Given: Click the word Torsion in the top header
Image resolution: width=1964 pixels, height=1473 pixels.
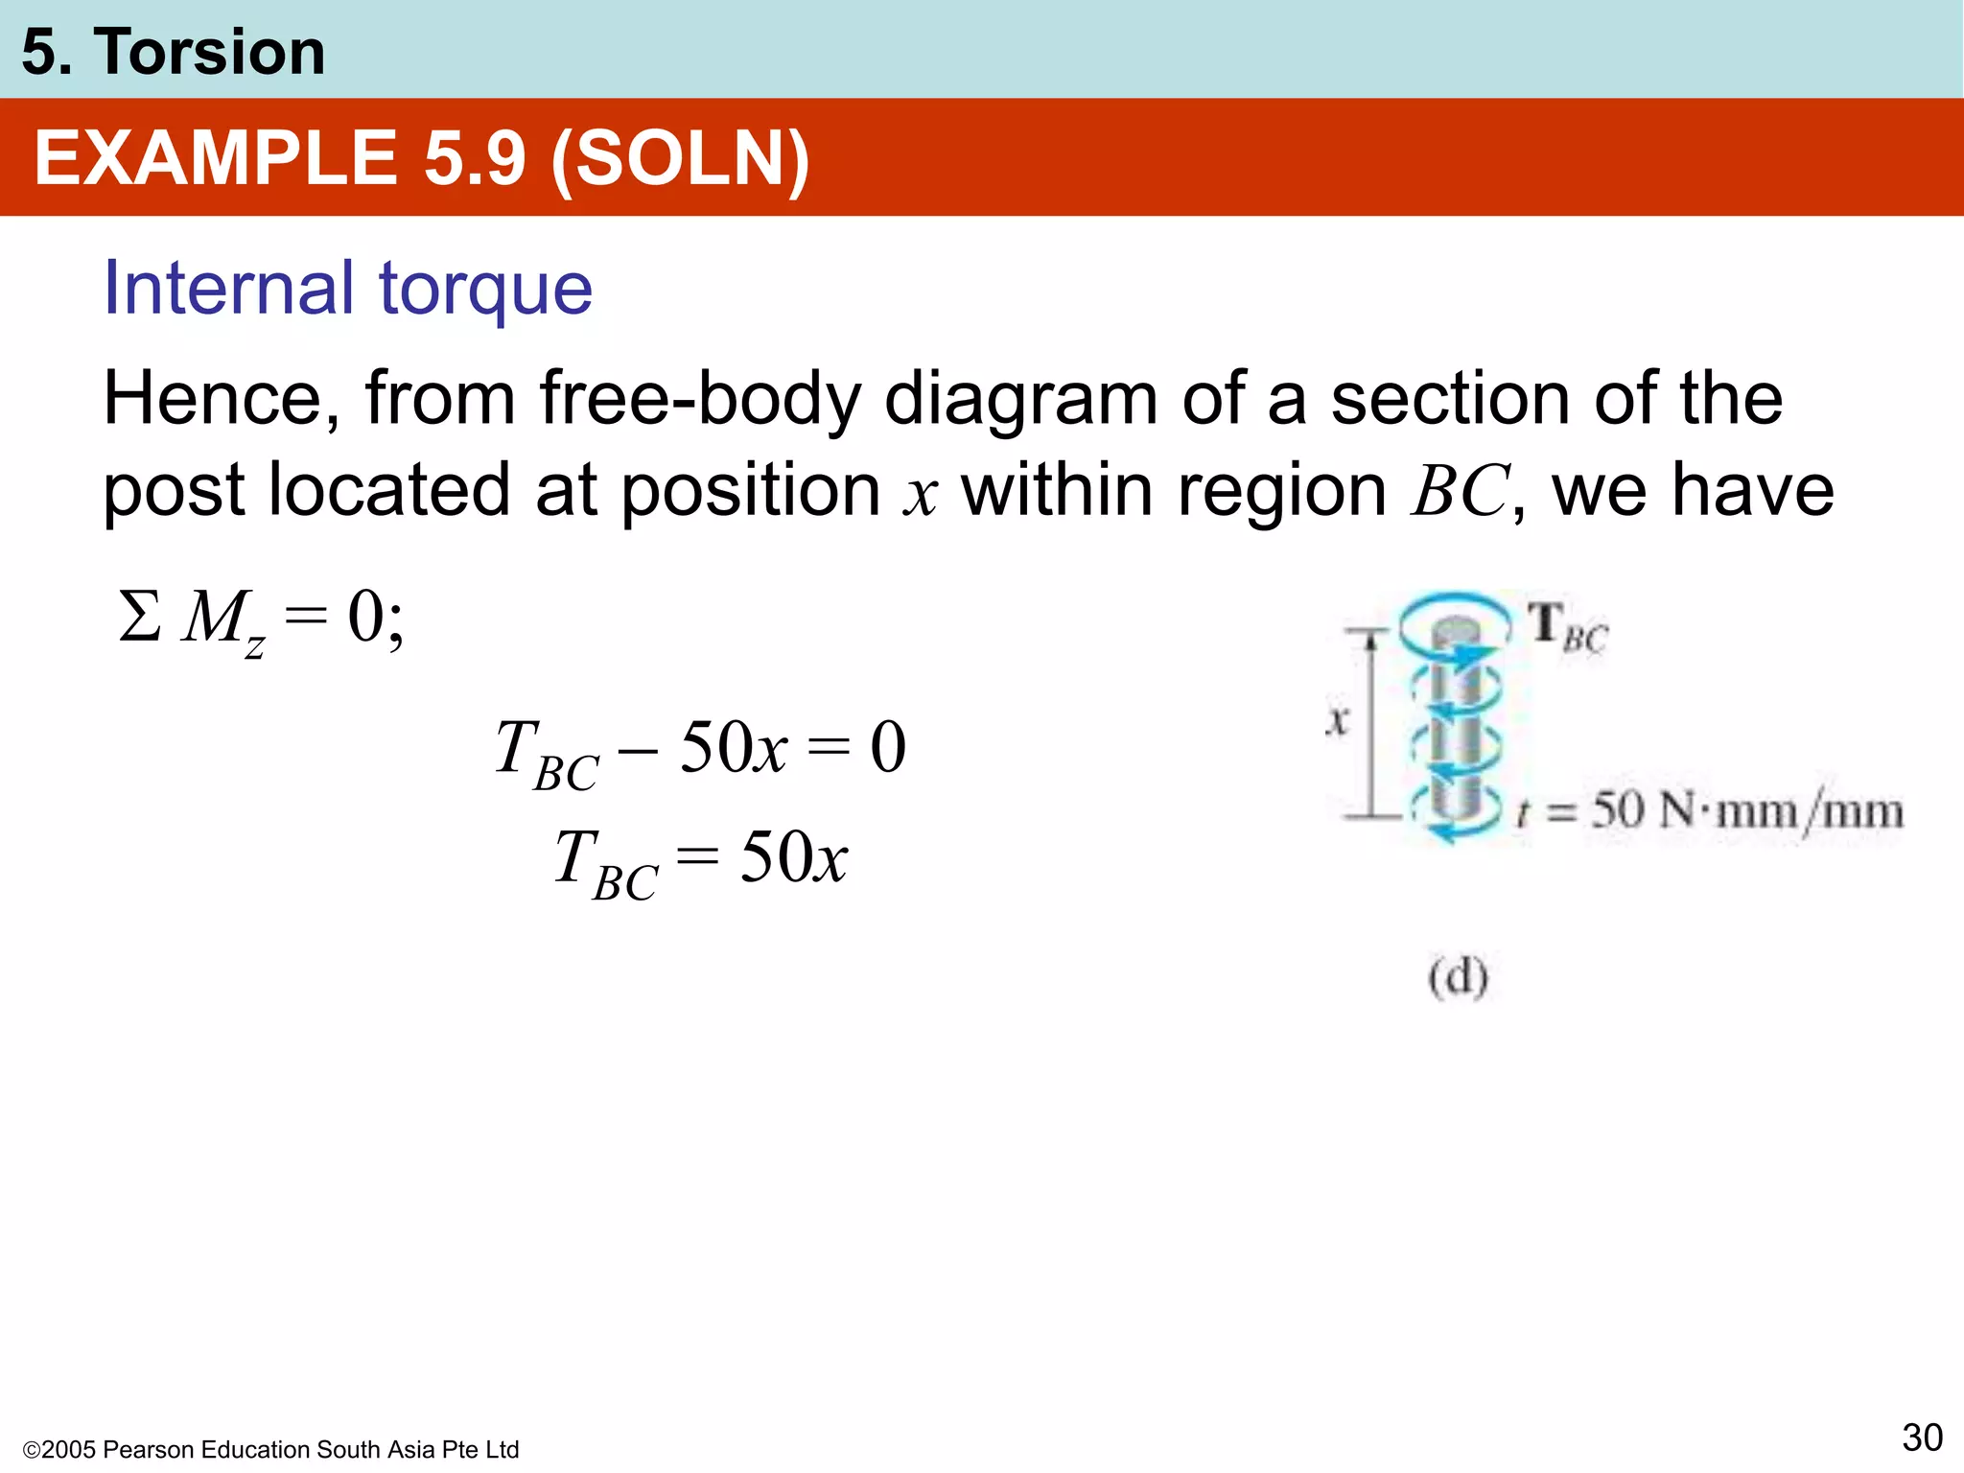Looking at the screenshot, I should click(x=209, y=52).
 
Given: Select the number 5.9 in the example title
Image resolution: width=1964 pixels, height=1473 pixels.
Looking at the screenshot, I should click(x=475, y=158).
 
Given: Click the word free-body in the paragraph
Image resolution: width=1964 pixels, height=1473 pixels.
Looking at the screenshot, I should click(x=699, y=399).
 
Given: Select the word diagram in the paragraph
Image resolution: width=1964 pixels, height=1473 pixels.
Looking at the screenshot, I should click(x=1020, y=399).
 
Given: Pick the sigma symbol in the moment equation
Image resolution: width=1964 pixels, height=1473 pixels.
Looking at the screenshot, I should click(x=139, y=617).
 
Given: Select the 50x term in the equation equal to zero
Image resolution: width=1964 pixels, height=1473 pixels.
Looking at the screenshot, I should click(x=734, y=748).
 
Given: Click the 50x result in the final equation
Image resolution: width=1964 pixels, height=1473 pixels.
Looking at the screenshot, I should click(x=794, y=857).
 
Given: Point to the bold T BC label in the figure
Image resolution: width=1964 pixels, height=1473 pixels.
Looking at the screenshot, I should click(x=1566, y=627).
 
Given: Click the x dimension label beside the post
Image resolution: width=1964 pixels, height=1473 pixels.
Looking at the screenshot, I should click(x=1337, y=719).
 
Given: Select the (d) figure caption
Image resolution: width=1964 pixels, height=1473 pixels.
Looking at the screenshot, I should click(x=1458, y=977).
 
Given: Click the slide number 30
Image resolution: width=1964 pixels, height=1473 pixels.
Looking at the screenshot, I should click(x=1922, y=1438).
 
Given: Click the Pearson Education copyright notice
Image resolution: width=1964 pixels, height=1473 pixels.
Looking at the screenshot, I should click(x=270, y=1449).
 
